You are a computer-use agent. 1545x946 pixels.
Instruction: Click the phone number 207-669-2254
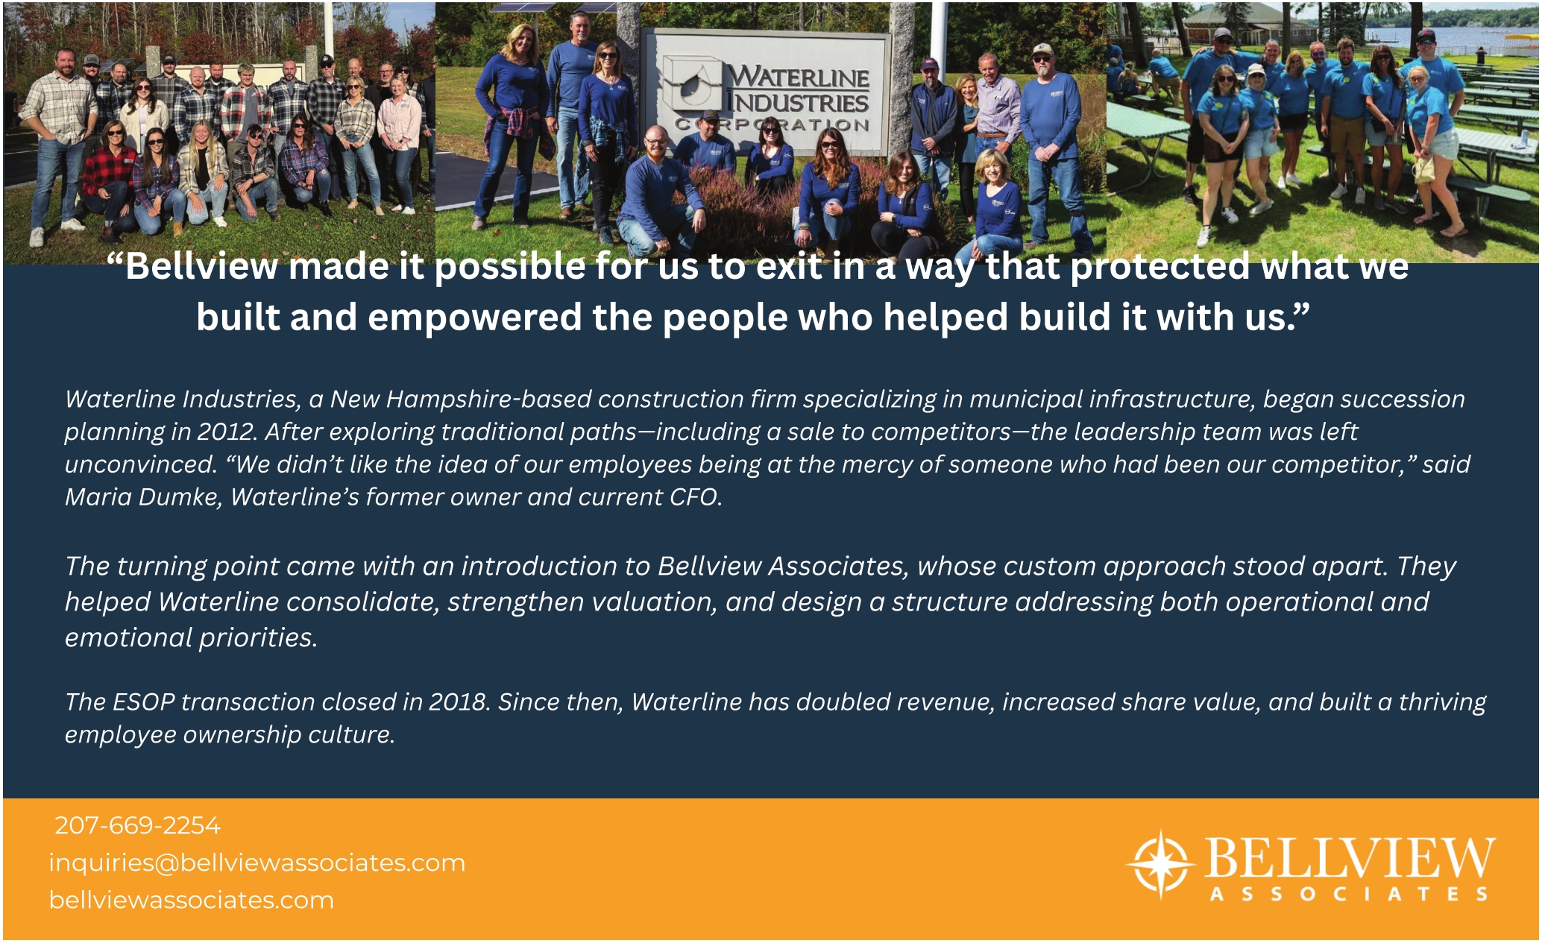click(137, 825)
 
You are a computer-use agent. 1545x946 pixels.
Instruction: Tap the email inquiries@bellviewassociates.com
click(257, 863)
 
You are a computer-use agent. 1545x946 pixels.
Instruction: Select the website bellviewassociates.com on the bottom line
click(192, 900)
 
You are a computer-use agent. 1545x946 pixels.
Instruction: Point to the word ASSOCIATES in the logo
click(1349, 894)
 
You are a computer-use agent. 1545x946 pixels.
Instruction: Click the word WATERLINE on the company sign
click(798, 76)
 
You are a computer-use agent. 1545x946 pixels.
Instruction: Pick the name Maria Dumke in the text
click(143, 496)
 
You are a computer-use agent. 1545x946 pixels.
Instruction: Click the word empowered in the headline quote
click(474, 318)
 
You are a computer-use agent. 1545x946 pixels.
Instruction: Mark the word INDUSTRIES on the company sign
click(798, 101)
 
